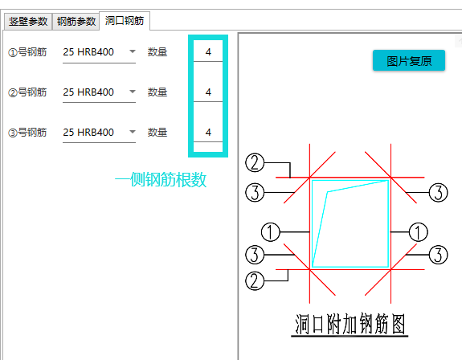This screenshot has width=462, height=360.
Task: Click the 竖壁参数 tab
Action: pyautogui.click(x=28, y=22)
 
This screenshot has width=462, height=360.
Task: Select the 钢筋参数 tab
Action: pyautogui.click(x=76, y=22)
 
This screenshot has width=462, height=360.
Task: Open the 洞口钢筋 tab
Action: pyautogui.click(x=125, y=21)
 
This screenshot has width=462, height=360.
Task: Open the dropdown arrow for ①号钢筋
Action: pyautogui.click(x=133, y=51)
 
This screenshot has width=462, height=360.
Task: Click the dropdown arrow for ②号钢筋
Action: pyautogui.click(x=133, y=92)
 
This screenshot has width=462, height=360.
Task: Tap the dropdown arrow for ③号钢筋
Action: pyautogui.click(x=133, y=132)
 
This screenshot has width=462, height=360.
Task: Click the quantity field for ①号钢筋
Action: pyautogui.click(x=208, y=52)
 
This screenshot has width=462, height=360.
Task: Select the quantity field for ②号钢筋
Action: pyautogui.click(x=208, y=92)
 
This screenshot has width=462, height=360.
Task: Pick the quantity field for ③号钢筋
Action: pyautogui.click(x=208, y=132)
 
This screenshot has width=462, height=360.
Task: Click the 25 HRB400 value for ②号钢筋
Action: pyautogui.click(x=88, y=92)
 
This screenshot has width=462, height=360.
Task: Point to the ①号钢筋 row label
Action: pyautogui.click(x=27, y=52)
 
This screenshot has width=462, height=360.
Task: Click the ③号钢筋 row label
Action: pyautogui.click(x=27, y=133)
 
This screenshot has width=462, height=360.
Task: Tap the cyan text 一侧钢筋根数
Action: pyautogui.click(x=161, y=179)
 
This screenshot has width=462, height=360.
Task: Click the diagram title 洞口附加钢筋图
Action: pyautogui.click(x=350, y=324)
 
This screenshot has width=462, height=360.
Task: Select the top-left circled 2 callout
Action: pyautogui.click(x=255, y=162)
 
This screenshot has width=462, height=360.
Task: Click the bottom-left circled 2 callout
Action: pyautogui.click(x=255, y=280)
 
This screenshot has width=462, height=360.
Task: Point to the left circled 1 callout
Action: pyautogui.click(x=271, y=232)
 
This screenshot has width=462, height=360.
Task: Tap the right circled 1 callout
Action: pyautogui.click(x=419, y=232)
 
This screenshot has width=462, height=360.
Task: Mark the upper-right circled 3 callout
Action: pyautogui.click(x=438, y=193)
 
